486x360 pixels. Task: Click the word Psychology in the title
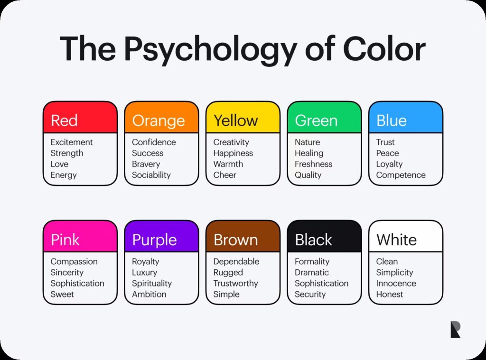point(210,50)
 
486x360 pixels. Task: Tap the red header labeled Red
point(80,118)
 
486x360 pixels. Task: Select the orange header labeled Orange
point(161,118)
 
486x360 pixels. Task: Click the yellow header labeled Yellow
point(243,118)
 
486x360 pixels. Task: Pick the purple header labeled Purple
point(161,236)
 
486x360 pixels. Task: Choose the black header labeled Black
point(324,236)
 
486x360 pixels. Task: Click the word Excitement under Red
point(72,142)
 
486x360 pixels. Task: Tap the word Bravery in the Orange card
point(146,164)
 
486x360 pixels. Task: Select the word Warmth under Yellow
point(228,164)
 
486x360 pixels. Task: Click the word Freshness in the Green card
point(313,164)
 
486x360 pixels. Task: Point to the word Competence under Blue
point(401,175)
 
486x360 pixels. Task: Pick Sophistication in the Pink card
point(77,284)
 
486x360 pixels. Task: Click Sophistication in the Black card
point(321,284)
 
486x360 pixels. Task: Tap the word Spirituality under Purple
point(151,284)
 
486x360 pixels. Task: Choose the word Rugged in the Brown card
point(228,273)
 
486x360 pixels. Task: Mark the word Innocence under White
point(396,283)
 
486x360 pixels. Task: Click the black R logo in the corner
point(455,329)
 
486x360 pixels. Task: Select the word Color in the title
point(384,48)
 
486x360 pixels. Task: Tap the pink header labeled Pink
point(80,236)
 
